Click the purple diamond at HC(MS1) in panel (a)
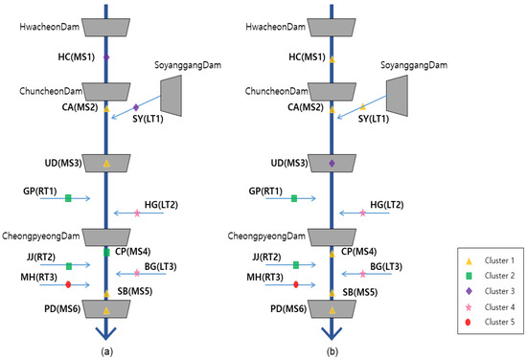coord(106,58)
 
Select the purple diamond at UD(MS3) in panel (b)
coord(332,164)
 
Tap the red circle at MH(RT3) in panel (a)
coord(68,284)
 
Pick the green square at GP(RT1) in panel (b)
coord(295,198)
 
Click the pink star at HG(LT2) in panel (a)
coord(136,213)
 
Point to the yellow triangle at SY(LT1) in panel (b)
coord(362,106)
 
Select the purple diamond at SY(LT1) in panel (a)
coord(136,106)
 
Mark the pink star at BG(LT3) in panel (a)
coord(136,273)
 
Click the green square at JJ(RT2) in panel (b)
coord(295,265)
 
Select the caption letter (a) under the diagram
coord(106,350)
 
